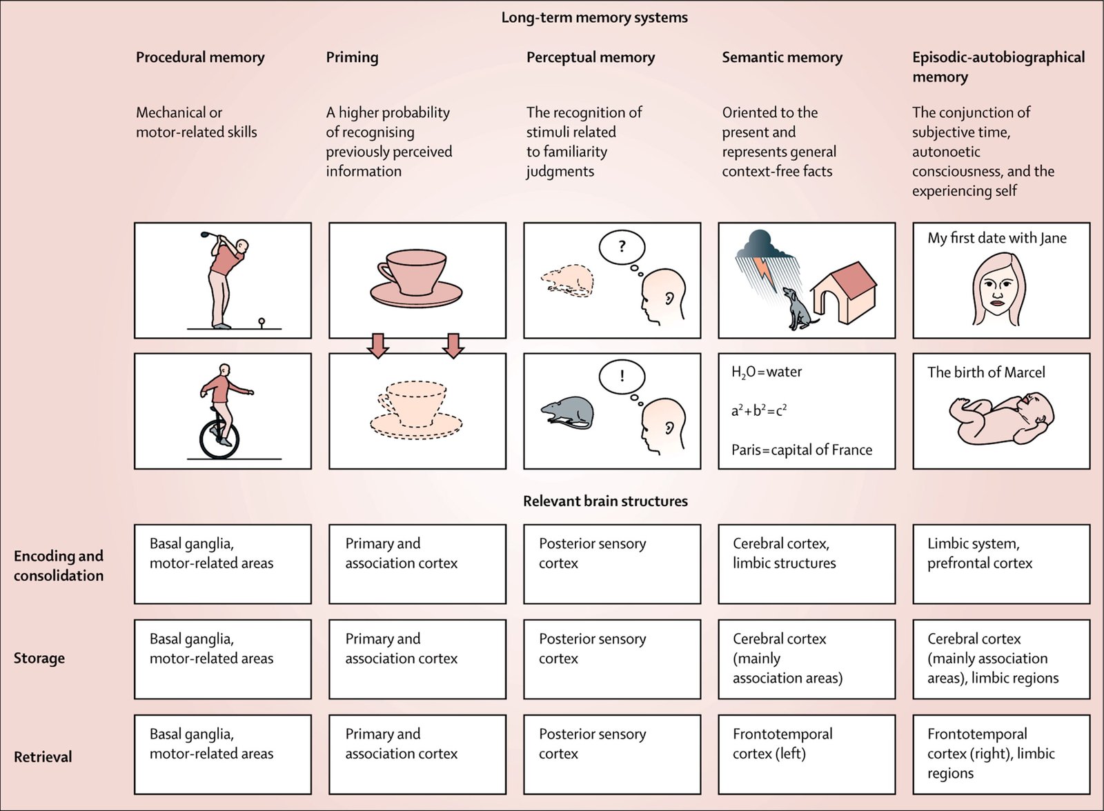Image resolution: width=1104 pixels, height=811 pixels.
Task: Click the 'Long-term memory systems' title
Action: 594,18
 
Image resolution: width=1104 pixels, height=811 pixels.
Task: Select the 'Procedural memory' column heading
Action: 200,57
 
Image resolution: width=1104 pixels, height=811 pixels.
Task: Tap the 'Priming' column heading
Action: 352,57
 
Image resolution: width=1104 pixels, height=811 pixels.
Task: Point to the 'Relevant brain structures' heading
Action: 605,501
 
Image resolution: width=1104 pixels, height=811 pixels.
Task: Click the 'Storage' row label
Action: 39,658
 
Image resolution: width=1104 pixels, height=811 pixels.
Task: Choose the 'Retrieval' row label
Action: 43,757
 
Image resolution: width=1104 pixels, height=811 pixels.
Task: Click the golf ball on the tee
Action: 262,320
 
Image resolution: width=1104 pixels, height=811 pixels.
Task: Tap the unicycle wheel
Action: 219,437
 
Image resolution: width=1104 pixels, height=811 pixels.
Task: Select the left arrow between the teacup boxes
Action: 377,345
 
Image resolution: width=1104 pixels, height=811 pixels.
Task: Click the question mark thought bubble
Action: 622,247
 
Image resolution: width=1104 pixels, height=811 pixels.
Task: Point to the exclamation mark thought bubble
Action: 622,377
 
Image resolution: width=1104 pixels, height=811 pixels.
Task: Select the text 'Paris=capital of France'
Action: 802,450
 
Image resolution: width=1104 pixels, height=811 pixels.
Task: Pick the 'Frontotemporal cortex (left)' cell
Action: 807,754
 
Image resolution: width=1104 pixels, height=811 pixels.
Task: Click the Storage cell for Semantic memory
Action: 807,659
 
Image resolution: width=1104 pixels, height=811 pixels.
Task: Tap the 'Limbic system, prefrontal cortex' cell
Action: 1001,563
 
